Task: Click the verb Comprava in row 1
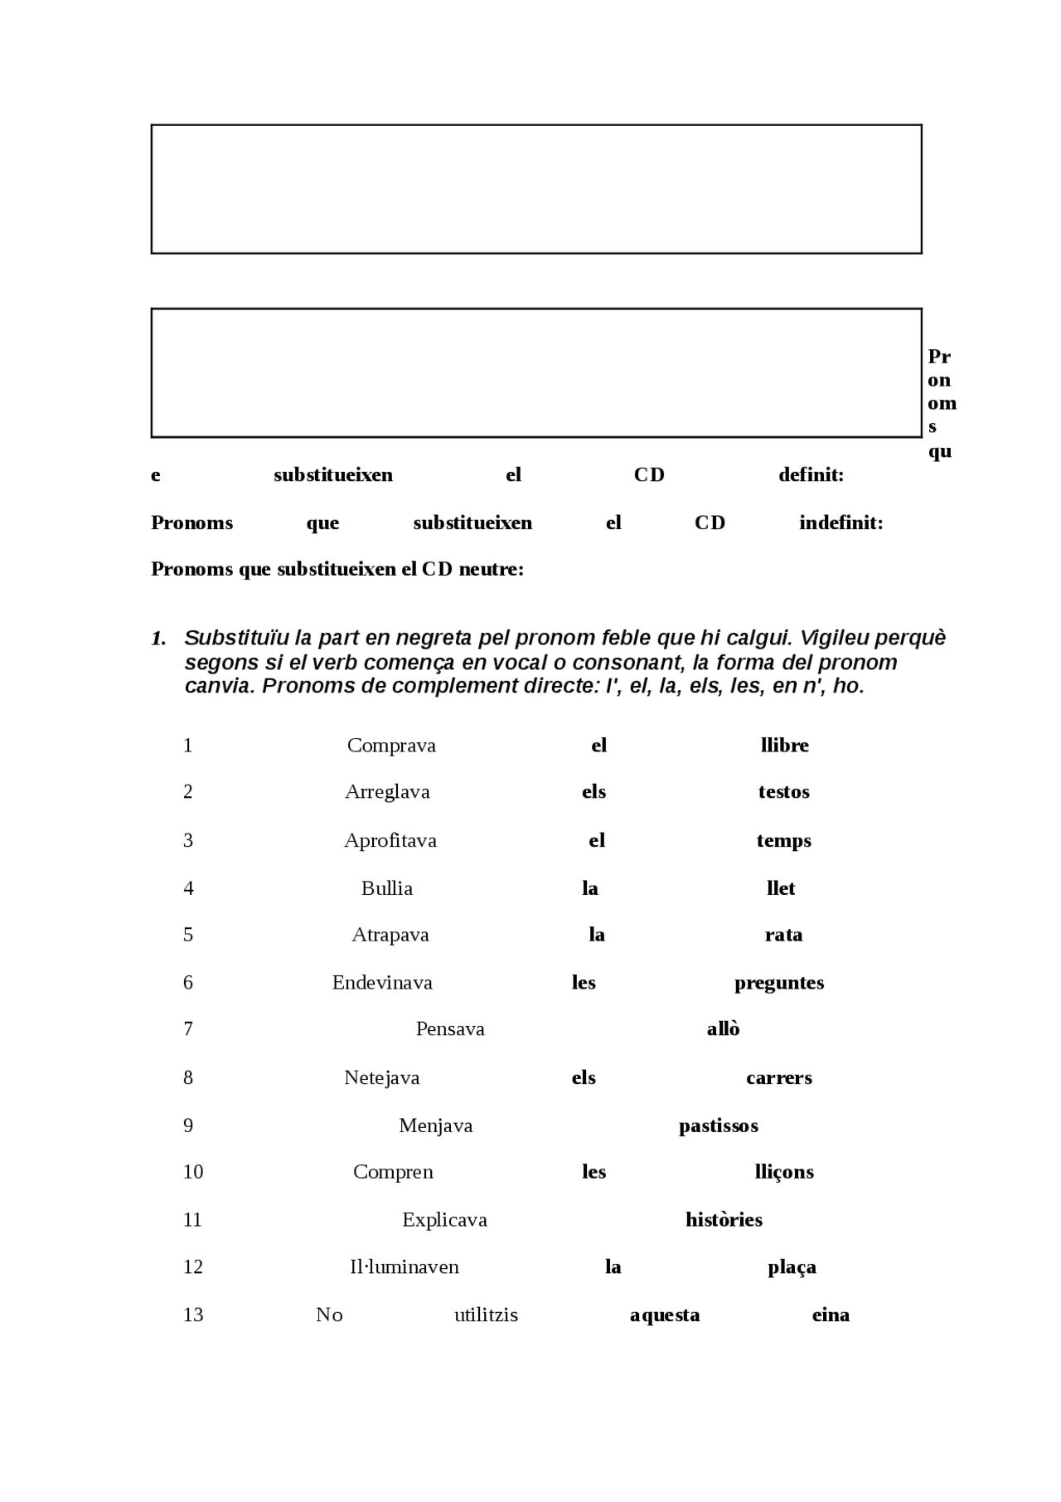[391, 746]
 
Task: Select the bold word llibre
[784, 746]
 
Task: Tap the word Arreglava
[387, 792]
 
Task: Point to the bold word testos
[783, 792]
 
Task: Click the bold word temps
[783, 841]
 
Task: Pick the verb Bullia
[386, 889]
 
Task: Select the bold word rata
[783, 936]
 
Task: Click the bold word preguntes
[778, 984]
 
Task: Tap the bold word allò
[723, 1029]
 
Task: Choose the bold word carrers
[778, 1078]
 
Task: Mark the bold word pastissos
[718, 1126]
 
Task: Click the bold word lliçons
[783, 1173]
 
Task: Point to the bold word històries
[724, 1220]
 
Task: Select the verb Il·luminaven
[404, 1267]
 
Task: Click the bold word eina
[831, 1315]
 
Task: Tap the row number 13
[193, 1315]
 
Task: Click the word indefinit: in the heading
[841, 523]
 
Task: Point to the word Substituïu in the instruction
[236, 638]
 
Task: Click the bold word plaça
[792, 1267]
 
